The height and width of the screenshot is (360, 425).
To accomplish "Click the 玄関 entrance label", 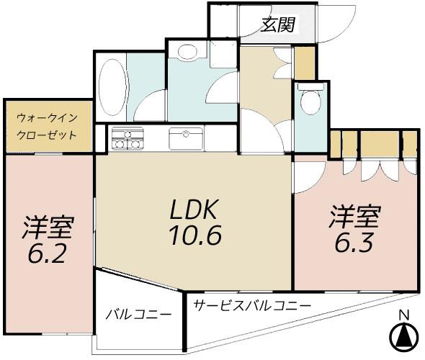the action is [278, 24].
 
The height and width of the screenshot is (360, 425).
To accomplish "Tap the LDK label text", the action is [193, 210].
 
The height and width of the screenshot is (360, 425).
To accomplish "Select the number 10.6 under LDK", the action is [195, 235].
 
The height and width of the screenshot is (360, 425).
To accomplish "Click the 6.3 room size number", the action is [354, 242].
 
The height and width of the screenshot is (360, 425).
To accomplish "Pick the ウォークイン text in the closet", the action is [47, 118].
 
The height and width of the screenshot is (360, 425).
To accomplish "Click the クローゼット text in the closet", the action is [47, 135].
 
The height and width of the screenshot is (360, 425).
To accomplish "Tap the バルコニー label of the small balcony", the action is [139, 315].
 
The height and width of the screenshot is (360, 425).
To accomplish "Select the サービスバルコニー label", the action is [252, 306].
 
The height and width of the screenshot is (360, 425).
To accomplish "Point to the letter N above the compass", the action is [404, 315].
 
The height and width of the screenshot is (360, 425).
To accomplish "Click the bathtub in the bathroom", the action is [112, 87].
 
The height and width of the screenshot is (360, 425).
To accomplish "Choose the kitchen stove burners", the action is [127, 138].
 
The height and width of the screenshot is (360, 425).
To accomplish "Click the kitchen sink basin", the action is [186, 139].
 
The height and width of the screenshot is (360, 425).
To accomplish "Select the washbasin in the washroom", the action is [187, 51].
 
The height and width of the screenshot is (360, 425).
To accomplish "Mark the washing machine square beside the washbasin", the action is [223, 55].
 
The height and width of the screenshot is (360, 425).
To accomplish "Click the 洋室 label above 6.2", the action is [48, 228].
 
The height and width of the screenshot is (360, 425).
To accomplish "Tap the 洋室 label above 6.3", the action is [355, 217].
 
